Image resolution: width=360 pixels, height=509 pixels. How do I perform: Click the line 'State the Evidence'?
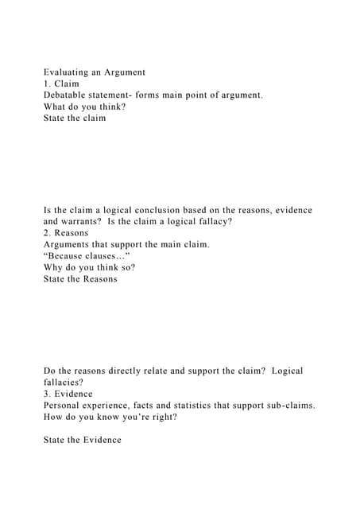(x=83, y=439)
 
